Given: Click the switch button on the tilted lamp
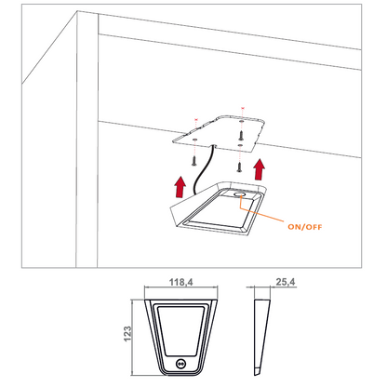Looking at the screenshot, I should click(x=242, y=196).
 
